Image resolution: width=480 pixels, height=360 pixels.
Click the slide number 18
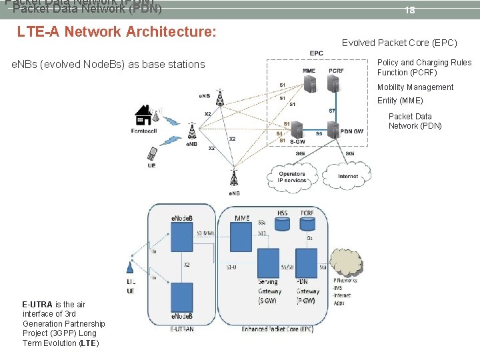pyautogui.click(x=410, y=11)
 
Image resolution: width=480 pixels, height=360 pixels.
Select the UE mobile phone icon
pyautogui.click(x=152, y=155)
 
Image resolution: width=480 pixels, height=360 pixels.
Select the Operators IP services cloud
pyautogui.click(x=292, y=177)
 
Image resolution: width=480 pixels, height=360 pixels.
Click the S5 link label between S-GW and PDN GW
pyautogui.click(x=319, y=134)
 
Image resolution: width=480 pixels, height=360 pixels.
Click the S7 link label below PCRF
pyautogui.click(x=331, y=111)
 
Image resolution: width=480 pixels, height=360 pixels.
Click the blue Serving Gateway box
pyautogui.click(x=268, y=263)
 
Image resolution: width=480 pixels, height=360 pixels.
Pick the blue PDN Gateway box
pyautogui.click(x=307, y=263)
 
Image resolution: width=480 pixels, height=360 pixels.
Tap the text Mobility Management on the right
pyautogui.click(x=415, y=87)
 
